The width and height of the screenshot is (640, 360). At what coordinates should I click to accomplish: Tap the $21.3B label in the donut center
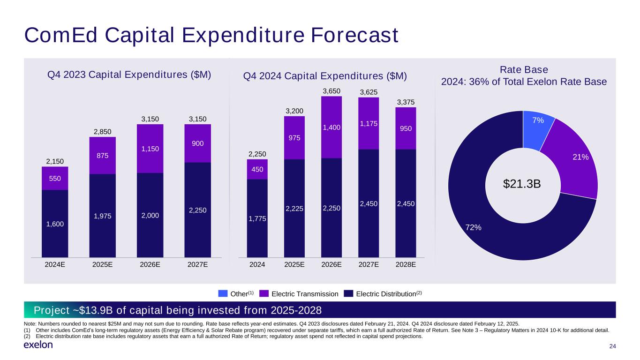pos(522,184)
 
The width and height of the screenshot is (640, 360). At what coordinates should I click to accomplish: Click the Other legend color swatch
pos(223,294)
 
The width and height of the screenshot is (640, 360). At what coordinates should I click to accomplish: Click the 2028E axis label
pos(406,264)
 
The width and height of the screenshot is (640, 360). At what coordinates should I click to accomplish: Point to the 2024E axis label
pos(55,264)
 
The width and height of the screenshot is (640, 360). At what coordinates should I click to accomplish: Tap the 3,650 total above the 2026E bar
pos(331,91)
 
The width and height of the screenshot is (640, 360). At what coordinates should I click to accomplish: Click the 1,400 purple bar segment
pos(331,127)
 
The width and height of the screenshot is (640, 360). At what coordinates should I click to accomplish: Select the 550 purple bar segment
pos(55,179)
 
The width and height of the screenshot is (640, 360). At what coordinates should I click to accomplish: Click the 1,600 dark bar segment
pos(55,224)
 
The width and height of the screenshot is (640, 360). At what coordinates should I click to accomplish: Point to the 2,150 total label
pos(55,161)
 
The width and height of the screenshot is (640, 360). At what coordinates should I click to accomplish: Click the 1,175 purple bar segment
pos(368,124)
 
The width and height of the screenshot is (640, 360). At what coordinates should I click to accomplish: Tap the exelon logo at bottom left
pos(38,345)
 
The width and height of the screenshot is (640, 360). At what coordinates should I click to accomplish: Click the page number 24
pos(612,346)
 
